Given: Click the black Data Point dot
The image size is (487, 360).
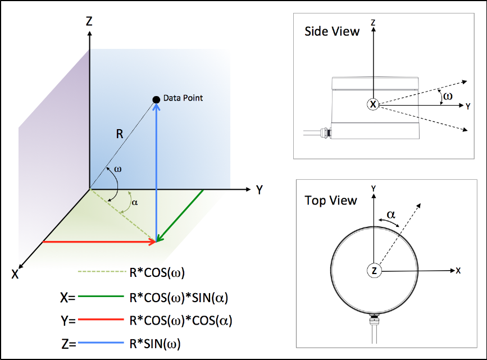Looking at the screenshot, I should (x=156, y=99).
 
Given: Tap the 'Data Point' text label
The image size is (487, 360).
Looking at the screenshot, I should (x=183, y=98).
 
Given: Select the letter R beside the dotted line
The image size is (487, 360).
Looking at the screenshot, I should (x=120, y=134).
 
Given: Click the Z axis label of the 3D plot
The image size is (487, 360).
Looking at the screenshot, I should (x=89, y=21).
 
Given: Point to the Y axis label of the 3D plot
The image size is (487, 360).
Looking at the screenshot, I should (x=259, y=190).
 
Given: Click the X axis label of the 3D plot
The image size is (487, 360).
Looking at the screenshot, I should (x=15, y=274).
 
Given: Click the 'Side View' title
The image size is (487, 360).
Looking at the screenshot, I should (x=332, y=31).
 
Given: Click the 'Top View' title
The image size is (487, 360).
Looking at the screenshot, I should (x=331, y=200).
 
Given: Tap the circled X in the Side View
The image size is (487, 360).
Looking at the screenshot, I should (x=373, y=104).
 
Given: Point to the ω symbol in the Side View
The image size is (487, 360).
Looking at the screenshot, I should (x=447, y=96).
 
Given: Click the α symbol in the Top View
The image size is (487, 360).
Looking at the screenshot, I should (x=392, y=214).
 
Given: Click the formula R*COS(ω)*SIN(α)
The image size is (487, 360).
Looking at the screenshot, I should (x=180, y=297).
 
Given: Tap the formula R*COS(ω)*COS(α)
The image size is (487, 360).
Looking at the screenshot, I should (x=180, y=321).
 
